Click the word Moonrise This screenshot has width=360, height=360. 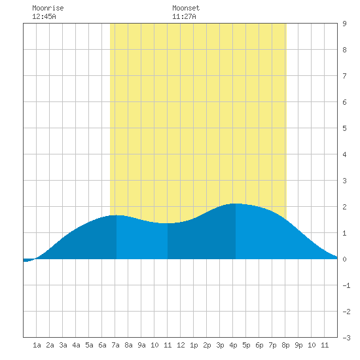pos(48,8)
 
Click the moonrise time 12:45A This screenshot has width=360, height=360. pos(44,16)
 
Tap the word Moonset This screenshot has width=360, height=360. pos(186,8)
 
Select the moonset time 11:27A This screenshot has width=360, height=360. pos(184,16)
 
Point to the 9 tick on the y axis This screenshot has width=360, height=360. pos(344,24)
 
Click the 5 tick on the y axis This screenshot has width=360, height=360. pos(344,128)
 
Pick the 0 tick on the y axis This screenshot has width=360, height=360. pos(344,259)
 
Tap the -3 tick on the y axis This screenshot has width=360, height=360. pos(346,338)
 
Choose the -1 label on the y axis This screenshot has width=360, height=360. pos(346,285)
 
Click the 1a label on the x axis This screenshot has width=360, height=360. pos(37,345)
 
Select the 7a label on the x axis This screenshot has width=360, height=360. pos(115,345)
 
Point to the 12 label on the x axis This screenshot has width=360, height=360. pos(181,345)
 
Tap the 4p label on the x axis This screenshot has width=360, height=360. pos(233,345)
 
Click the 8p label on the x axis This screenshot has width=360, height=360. pos(285,345)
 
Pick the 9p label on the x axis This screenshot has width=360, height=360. pos(298,345)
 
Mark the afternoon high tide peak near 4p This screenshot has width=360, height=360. pos(236,204)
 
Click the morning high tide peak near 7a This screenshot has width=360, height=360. pos(117,215)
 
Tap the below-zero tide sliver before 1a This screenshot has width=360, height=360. pos(28,260)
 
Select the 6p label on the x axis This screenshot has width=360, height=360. pos(259,345)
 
